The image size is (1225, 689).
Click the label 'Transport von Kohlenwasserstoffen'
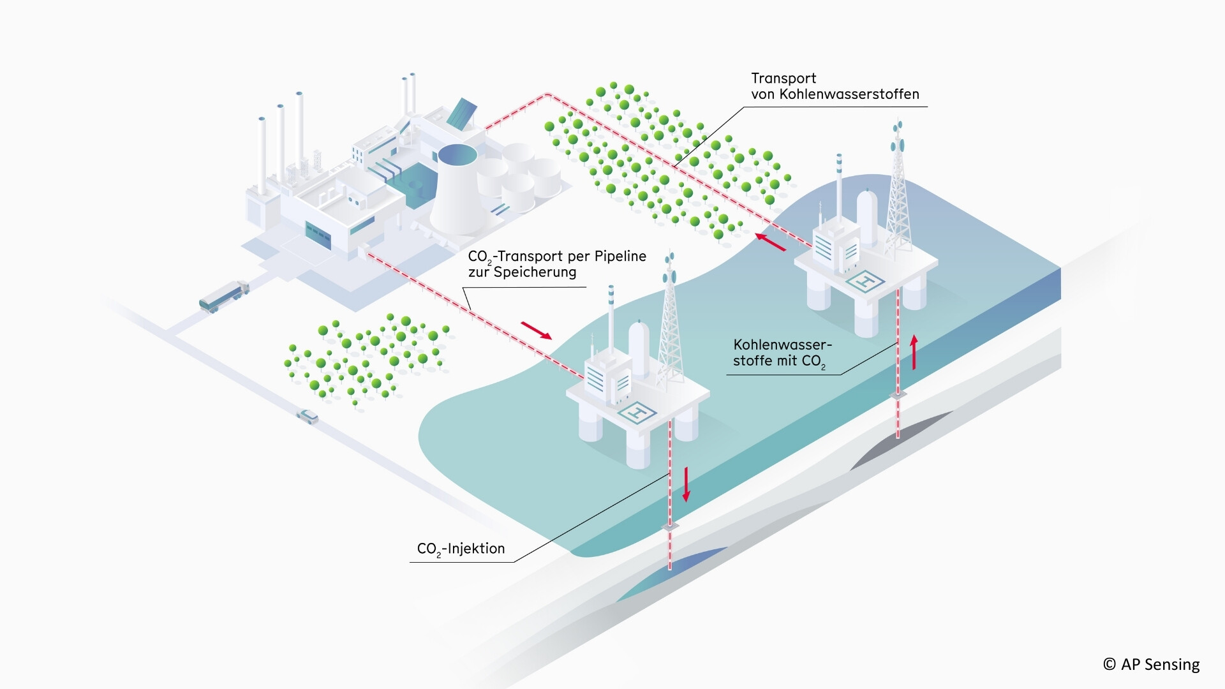pos(835,86)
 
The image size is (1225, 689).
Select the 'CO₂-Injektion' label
pos(461,549)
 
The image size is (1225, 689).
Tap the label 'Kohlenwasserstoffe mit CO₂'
pos(782,353)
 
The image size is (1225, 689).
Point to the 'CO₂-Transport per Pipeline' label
pos(557,256)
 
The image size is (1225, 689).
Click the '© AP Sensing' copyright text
pos(1151,664)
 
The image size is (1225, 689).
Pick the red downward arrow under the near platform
pos(687,484)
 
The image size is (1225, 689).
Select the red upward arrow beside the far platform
pos(914,352)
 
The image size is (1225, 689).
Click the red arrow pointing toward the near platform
pos(536,330)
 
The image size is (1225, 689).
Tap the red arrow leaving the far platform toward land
pos(771,242)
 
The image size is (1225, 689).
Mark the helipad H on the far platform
pos(866,281)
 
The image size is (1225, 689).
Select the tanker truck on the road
pos(224,296)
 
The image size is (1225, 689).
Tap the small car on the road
pos(308,417)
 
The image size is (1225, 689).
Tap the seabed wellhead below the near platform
pos(670,526)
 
